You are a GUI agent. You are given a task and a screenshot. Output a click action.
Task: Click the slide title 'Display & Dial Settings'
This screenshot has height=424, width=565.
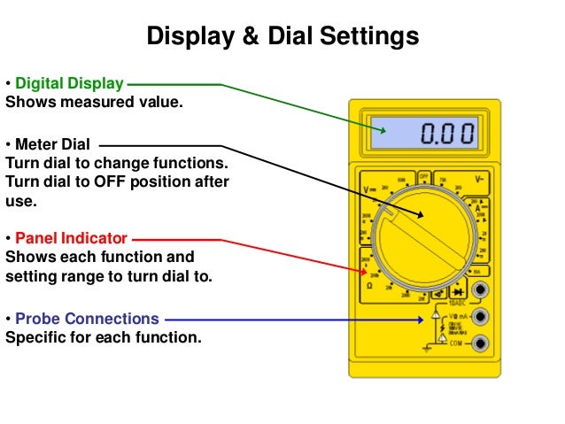(282, 36)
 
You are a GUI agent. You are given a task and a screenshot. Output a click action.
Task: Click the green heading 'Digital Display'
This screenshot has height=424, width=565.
(69, 84)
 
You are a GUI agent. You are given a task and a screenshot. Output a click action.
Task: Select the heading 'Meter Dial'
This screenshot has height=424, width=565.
(53, 144)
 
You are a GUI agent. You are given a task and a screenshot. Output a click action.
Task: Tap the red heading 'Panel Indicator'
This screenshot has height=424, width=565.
(72, 238)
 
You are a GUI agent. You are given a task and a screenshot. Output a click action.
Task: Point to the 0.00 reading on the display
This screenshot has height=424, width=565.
(446, 135)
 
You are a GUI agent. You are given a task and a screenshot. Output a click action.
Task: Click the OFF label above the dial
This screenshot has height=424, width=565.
(424, 175)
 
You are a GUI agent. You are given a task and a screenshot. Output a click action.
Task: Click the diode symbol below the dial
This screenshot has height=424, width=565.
(459, 290)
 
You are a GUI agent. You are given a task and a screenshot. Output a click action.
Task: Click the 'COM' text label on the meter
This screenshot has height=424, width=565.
(457, 343)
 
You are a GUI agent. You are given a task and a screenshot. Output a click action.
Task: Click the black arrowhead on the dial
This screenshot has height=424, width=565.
(422, 216)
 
